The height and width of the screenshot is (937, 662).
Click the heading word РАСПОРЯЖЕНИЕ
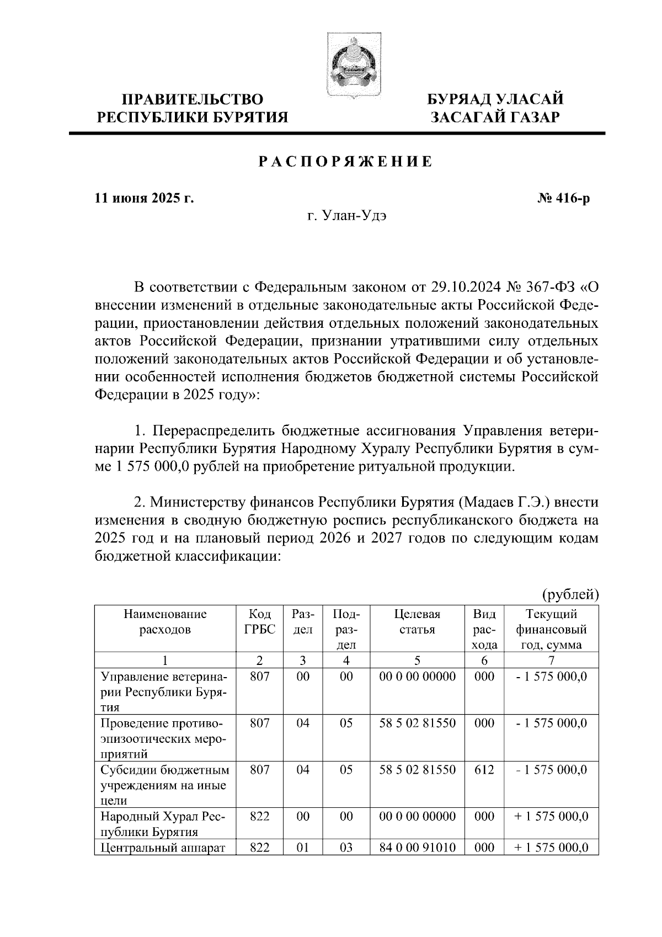coord(346,162)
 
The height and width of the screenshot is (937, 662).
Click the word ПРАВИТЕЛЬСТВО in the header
coord(193,100)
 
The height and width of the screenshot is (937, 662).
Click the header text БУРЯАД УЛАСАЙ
coord(496,100)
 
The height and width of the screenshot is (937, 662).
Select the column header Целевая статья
coord(417,622)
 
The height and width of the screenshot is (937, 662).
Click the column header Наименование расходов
coord(165,622)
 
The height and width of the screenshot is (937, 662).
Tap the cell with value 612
coord(484,769)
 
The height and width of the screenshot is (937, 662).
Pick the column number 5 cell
coord(417,661)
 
